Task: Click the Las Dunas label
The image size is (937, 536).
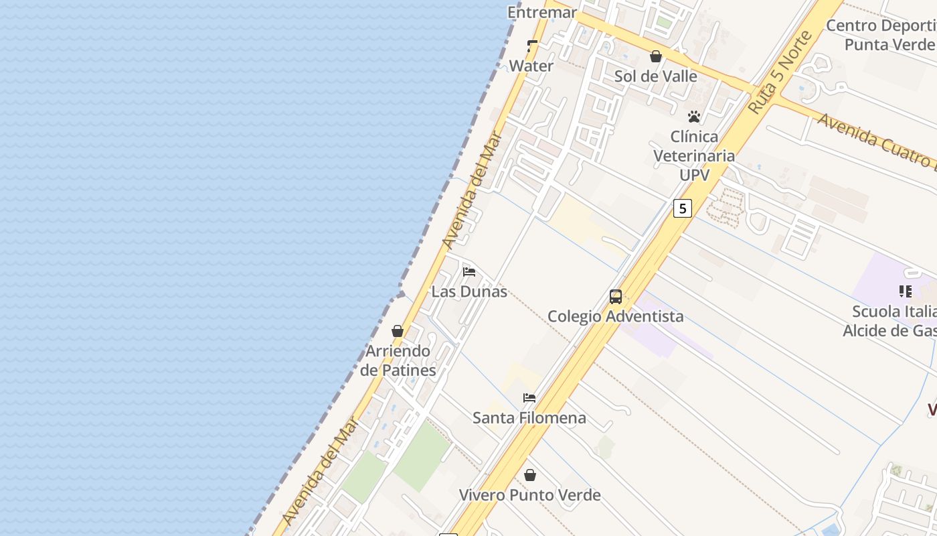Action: (x=469, y=291)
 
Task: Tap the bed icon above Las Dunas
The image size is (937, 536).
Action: (x=469, y=272)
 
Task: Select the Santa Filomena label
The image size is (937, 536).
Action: (x=529, y=418)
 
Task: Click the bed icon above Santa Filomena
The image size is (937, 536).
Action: (x=529, y=398)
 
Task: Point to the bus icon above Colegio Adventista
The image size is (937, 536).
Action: (x=616, y=296)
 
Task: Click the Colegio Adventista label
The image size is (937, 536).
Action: (x=616, y=316)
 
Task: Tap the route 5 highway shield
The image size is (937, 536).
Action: (x=682, y=208)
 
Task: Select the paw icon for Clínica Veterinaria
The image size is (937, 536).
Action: (x=694, y=117)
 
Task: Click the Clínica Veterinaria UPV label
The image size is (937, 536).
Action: (x=694, y=155)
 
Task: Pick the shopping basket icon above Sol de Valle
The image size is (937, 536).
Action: (x=656, y=56)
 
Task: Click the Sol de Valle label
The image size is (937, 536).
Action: (x=656, y=76)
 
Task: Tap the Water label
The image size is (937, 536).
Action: (x=531, y=66)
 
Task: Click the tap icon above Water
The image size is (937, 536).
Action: (x=532, y=46)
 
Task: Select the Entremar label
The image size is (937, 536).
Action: (x=542, y=12)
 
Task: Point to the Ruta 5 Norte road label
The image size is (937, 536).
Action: (x=780, y=72)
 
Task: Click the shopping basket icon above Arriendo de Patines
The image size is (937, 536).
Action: (x=398, y=331)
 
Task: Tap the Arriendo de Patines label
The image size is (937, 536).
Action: (x=398, y=360)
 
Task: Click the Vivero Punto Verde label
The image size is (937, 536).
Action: (x=530, y=495)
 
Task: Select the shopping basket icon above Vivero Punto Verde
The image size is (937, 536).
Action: (x=530, y=475)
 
